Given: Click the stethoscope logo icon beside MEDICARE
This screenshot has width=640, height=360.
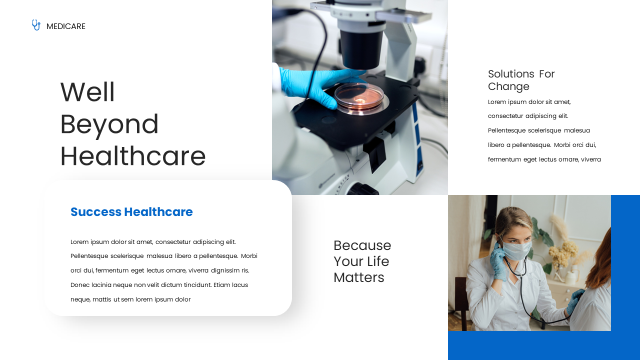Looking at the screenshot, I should click(36, 25).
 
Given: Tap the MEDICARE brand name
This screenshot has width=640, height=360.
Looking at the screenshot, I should click(66, 26).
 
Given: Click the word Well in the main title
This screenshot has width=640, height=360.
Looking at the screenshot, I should click(87, 92).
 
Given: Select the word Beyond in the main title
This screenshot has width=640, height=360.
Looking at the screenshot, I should click(109, 124).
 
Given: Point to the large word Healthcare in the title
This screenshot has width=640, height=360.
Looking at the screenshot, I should click(133, 156).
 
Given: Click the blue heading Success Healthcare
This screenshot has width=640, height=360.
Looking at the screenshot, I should click(131, 212).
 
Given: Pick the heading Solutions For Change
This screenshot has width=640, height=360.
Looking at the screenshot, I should click(521, 80).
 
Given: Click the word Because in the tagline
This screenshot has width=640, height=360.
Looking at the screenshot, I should click(362, 245).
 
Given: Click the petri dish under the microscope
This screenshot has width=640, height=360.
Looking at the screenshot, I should click(359, 97).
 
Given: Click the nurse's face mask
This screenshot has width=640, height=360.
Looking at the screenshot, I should click(516, 249).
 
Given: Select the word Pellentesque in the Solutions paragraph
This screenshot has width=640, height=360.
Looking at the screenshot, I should click(506, 130).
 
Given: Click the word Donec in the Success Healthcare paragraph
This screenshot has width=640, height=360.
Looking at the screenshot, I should click(80, 285).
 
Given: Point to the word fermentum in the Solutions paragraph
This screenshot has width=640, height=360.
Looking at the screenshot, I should click(504, 159).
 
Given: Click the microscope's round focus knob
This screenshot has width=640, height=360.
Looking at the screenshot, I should click(362, 189).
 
